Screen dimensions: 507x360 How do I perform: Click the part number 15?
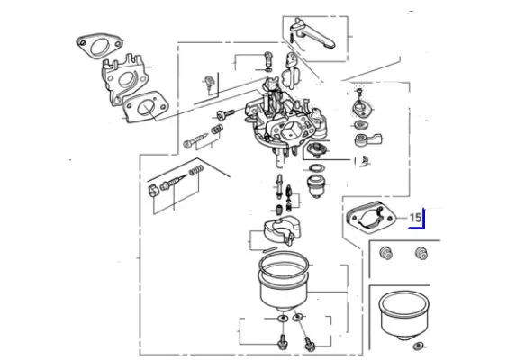tap(415, 218)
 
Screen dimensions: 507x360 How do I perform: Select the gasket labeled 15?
tap(371, 217)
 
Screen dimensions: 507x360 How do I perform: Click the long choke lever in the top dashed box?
tap(313, 34)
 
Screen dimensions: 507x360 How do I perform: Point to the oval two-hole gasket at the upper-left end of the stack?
tap(100, 46)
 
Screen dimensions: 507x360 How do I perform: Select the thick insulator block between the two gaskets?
tap(124, 79)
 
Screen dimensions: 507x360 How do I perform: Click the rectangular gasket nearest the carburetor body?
tap(146, 107)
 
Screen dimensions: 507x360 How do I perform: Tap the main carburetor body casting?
tap(285, 122)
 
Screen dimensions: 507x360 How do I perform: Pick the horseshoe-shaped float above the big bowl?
tap(282, 229)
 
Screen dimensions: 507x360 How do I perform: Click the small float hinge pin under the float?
tap(269, 249)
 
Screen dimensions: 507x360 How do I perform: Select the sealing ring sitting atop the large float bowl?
tap(284, 265)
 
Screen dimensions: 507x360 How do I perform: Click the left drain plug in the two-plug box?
tap(385, 253)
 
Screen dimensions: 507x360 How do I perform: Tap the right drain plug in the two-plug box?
tap(421, 253)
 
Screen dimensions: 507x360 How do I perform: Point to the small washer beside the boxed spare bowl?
tap(418, 346)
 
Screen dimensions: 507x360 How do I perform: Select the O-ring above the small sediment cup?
tap(315, 168)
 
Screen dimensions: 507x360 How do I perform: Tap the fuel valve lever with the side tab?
tap(367, 139)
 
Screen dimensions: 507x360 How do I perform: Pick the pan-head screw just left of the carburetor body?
tap(225, 114)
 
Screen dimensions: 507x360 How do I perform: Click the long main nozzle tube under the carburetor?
tap(279, 186)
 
